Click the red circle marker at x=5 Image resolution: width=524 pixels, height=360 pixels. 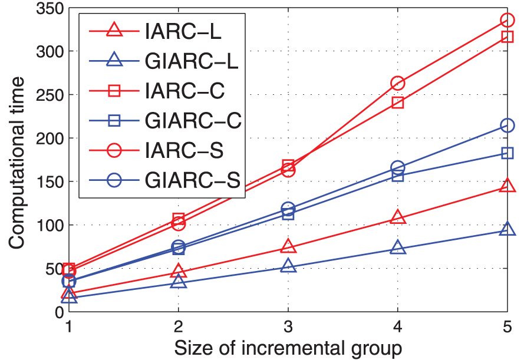pyautogui.click(x=507, y=20)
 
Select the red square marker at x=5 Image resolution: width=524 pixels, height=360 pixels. pyautogui.click(x=507, y=37)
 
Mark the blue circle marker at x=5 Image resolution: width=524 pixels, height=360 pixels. pyautogui.click(x=507, y=125)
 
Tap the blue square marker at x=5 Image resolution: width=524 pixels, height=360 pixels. pyautogui.click(x=507, y=153)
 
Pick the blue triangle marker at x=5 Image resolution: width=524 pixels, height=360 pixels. pyautogui.click(x=507, y=230)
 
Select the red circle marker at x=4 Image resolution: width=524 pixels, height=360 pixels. pyautogui.click(x=397, y=84)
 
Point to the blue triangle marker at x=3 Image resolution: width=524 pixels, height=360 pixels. pyautogui.click(x=288, y=266)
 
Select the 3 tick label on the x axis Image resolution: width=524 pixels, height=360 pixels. pyautogui.click(x=288, y=326)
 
